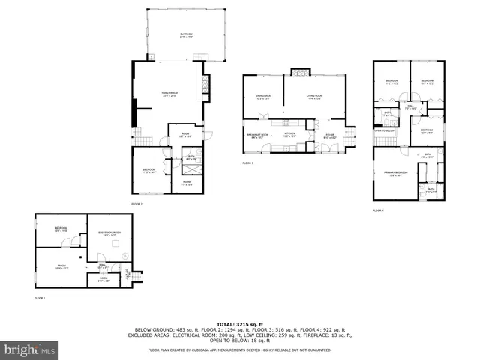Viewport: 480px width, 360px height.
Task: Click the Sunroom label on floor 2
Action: [x=186, y=36]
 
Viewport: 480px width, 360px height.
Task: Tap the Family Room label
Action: [x=169, y=94]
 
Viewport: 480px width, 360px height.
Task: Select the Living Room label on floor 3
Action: [x=314, y=96]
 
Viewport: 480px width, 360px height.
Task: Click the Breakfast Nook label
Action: [x=258, y=135]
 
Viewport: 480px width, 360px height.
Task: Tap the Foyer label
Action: [x=330, y=136]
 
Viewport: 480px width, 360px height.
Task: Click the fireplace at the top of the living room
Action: [x=298, y=73]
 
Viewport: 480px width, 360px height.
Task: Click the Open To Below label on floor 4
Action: [x=384, y=130]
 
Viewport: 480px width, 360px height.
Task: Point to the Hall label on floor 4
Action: [x=411, y=106]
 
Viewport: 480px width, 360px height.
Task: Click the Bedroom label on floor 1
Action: [x=61, y=229]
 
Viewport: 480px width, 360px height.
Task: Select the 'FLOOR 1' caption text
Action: [x=40, y=298]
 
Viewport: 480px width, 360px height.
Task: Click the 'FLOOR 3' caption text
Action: [x=247, y=163]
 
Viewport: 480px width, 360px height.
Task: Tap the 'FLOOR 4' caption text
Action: [x=378, y=211]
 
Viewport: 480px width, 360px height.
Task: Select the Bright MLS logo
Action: [x=30, y=349]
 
